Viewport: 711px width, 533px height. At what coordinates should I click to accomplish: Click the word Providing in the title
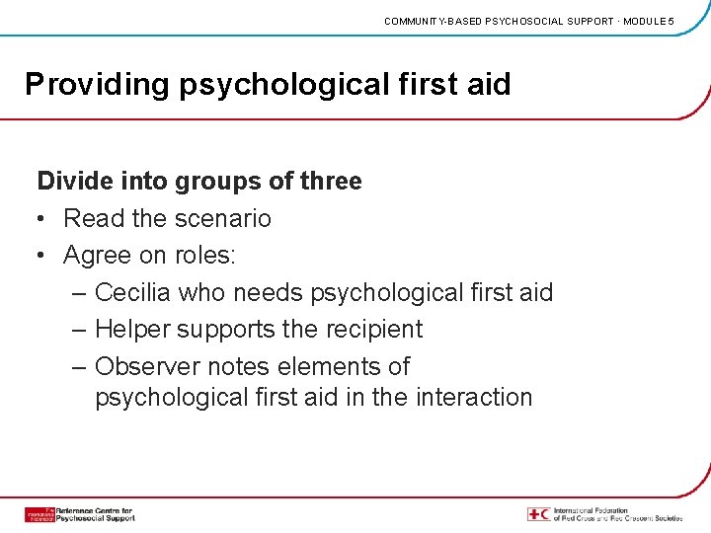tap(97, 85)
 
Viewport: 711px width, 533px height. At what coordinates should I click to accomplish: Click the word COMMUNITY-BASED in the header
tap(430, 21)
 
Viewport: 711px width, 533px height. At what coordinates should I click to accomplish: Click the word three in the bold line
tap(329, 181)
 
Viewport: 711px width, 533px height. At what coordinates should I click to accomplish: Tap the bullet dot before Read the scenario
tap(43, 218)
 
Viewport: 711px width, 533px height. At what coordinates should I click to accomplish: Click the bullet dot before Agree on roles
tap(43, 256)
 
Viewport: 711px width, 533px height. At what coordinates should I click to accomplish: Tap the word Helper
tap(132, 329)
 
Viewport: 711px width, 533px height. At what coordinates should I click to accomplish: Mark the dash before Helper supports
tap(79, 329)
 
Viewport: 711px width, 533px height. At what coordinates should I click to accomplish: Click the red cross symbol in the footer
tap(538, 514)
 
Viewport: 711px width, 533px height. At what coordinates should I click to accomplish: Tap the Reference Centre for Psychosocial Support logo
tap(79, 514)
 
